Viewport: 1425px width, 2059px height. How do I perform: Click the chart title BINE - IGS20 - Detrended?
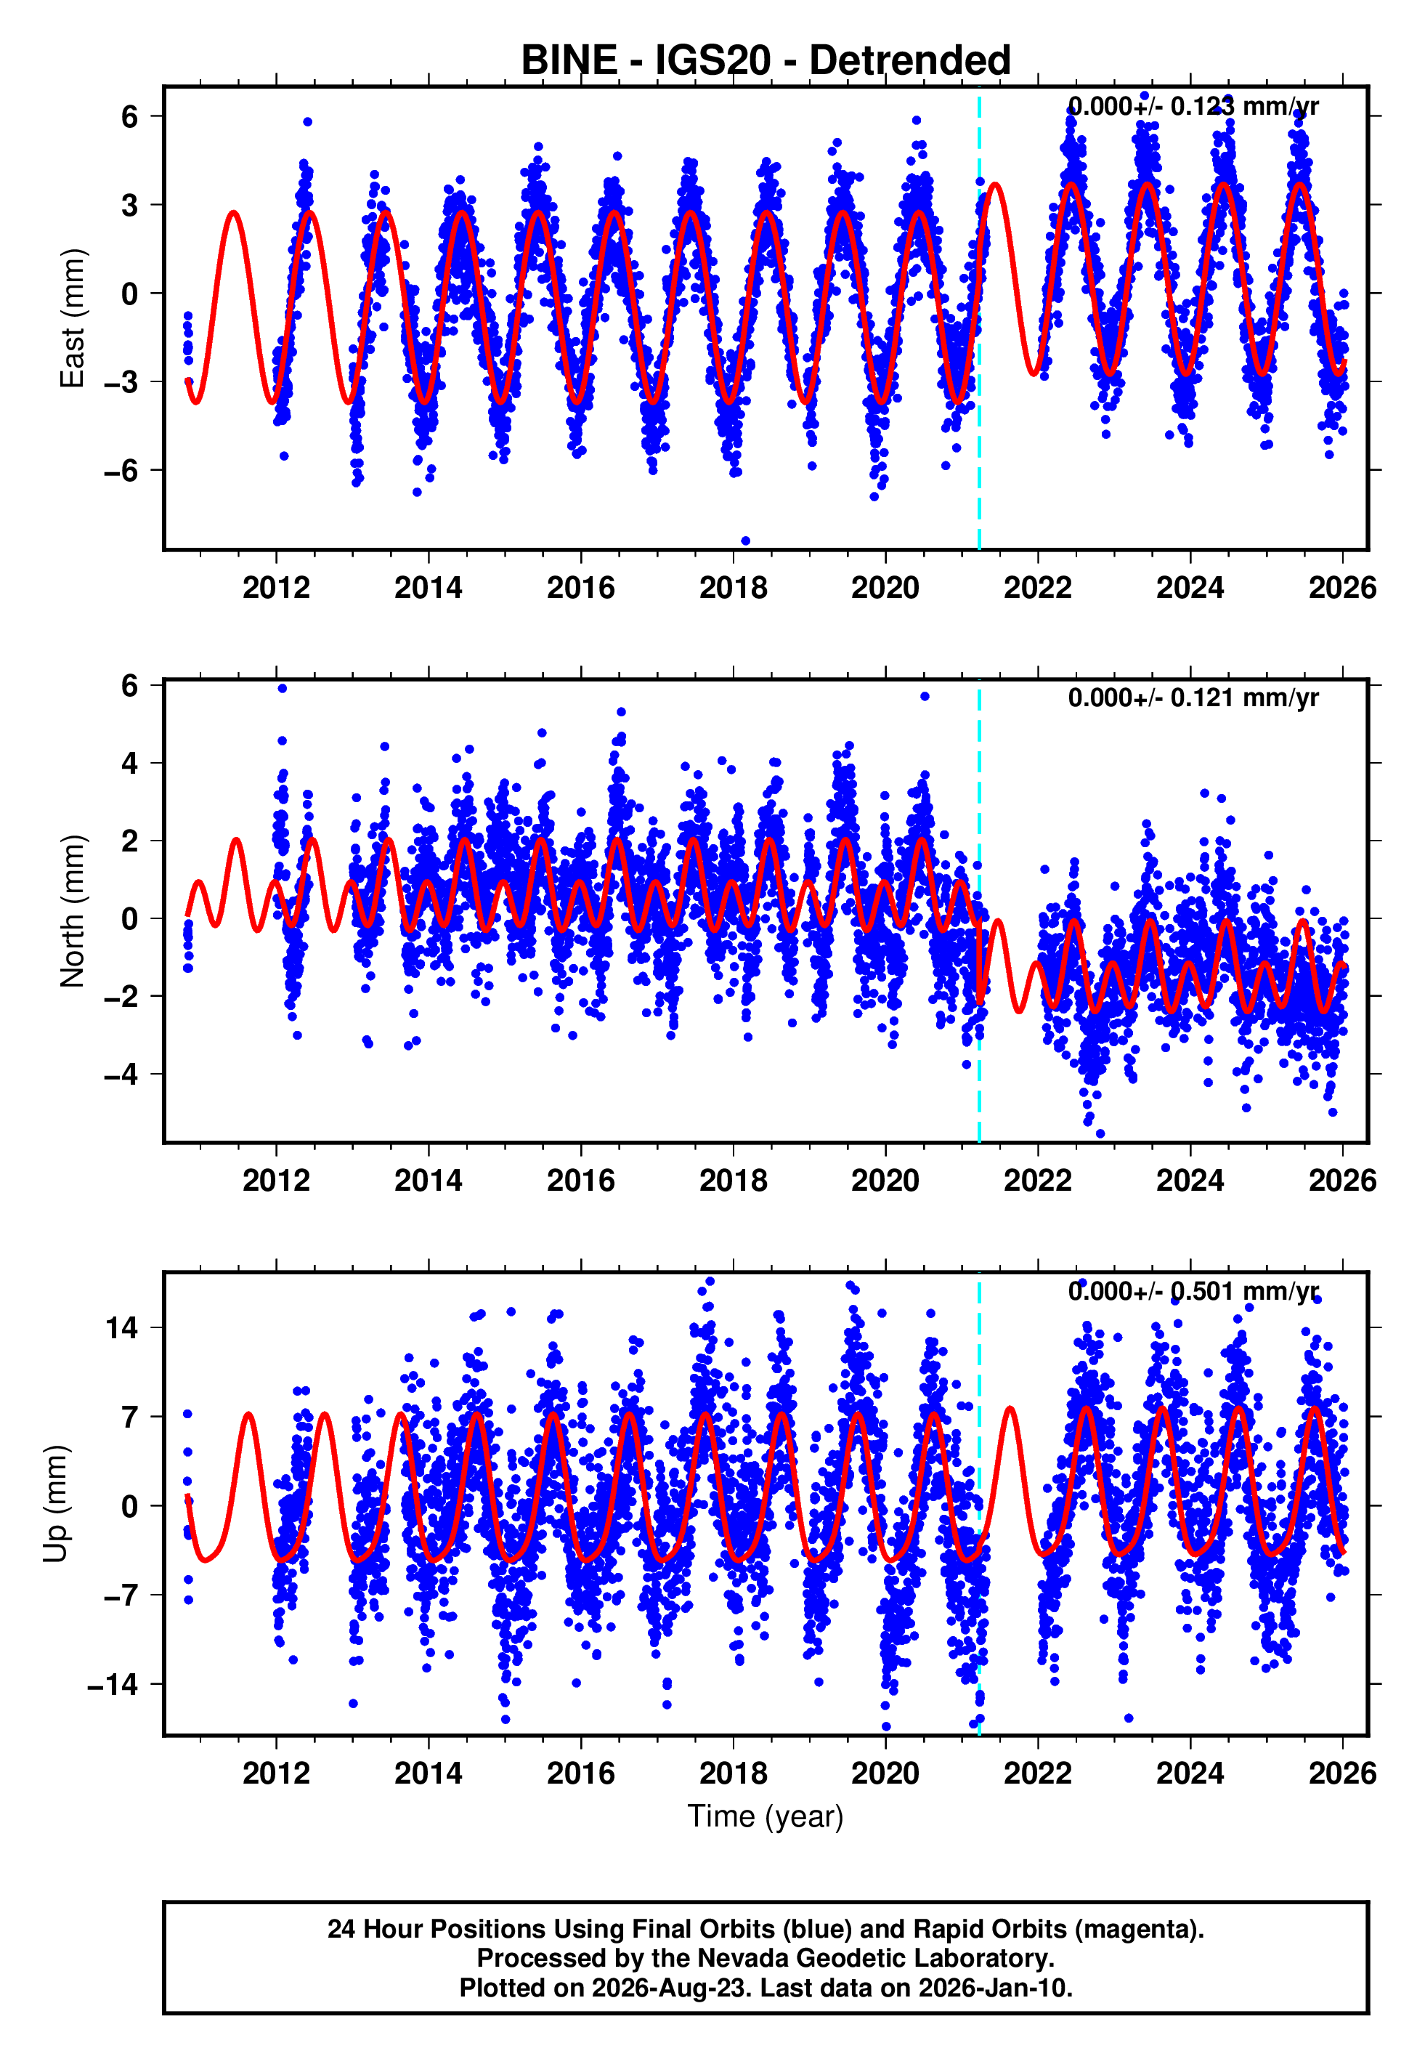(766, 61)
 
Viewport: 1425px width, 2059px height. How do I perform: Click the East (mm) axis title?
(73, 318)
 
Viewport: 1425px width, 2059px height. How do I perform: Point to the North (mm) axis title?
(73, 911)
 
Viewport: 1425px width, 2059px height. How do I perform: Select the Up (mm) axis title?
(55, 1505)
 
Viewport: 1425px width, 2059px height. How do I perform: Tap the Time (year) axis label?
(766, 1816)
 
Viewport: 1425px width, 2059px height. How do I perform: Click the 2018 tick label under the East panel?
(733, 588)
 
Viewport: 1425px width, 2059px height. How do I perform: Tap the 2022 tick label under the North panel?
(1037, 1181)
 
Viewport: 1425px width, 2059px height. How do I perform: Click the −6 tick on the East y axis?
(121, 471)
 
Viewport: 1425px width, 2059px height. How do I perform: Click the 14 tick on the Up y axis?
(122, 1327)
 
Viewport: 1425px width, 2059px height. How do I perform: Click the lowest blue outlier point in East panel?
(745, 541)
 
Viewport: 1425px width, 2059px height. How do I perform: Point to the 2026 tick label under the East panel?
(1343, 588)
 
